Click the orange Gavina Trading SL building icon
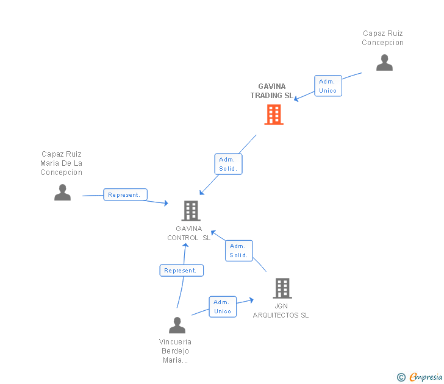274,114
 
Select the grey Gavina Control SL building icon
191,211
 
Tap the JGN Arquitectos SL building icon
282,288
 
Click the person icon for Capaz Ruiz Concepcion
384,62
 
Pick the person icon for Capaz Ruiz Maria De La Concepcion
62,193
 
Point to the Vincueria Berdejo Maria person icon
177,325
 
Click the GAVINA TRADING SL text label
271,91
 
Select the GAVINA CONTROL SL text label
188,233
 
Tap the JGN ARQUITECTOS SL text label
281,310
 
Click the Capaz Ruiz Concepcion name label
382,38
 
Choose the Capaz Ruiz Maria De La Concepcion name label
61,163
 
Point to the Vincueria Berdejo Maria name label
175,351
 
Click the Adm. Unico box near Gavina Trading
328,86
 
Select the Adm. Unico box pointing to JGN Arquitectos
222,307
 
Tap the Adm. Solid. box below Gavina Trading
229,164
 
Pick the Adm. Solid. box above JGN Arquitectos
238,251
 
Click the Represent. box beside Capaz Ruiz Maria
125,195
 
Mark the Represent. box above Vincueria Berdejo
181,271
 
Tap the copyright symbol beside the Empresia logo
401,377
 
